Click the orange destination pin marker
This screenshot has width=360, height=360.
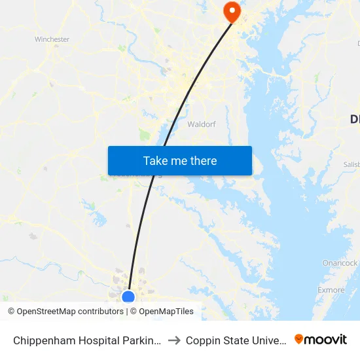click(232, 11)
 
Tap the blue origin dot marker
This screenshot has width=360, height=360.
click(128, 297)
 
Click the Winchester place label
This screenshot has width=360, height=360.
click(52, 39)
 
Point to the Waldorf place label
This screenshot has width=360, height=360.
click(202, 124)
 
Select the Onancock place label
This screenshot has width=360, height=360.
click(340, 263)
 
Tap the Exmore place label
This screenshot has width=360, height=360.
click(331, 290)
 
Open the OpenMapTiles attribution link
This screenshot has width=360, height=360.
click(166, 312)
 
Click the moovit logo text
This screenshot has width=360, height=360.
click(326, 340)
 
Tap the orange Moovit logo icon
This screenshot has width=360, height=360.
click(299, 339)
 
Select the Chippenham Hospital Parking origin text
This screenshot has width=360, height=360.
click(86, 340)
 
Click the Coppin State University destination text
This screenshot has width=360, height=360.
click(235, 340)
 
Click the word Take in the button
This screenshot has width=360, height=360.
click(155, 161)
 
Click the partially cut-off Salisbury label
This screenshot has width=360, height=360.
click(351, 164)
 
